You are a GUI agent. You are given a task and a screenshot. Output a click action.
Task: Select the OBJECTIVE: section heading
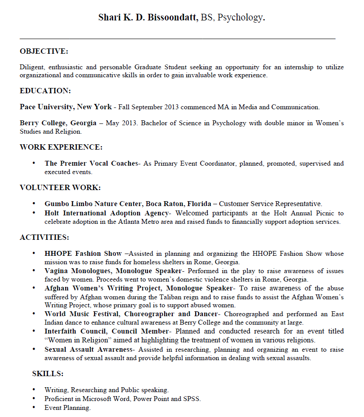click(44, 52)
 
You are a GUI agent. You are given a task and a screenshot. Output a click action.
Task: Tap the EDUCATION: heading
click(45, 91)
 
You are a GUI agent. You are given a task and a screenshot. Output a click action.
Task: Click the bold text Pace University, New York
click(66, 107)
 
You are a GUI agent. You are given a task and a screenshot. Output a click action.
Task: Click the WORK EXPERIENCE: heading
click(61, 147)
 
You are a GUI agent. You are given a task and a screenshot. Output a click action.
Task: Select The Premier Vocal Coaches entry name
click(91, 163)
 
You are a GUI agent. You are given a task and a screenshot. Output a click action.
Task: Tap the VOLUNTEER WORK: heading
click(60, 187)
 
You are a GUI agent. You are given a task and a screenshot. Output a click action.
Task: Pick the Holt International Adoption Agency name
click(106, 213)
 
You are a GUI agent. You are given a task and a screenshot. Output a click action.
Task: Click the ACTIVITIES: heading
click(44, 237)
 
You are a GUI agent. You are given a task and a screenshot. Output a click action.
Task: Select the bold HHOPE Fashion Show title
click(83, 254)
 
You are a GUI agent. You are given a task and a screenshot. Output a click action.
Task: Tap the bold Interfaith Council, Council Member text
click(107, 331)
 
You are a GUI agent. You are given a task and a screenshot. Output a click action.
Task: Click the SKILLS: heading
click(47, 373)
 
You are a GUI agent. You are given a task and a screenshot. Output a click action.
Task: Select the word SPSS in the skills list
click(191, 399)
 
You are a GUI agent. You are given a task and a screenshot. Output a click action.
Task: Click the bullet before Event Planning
click(34, 408)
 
